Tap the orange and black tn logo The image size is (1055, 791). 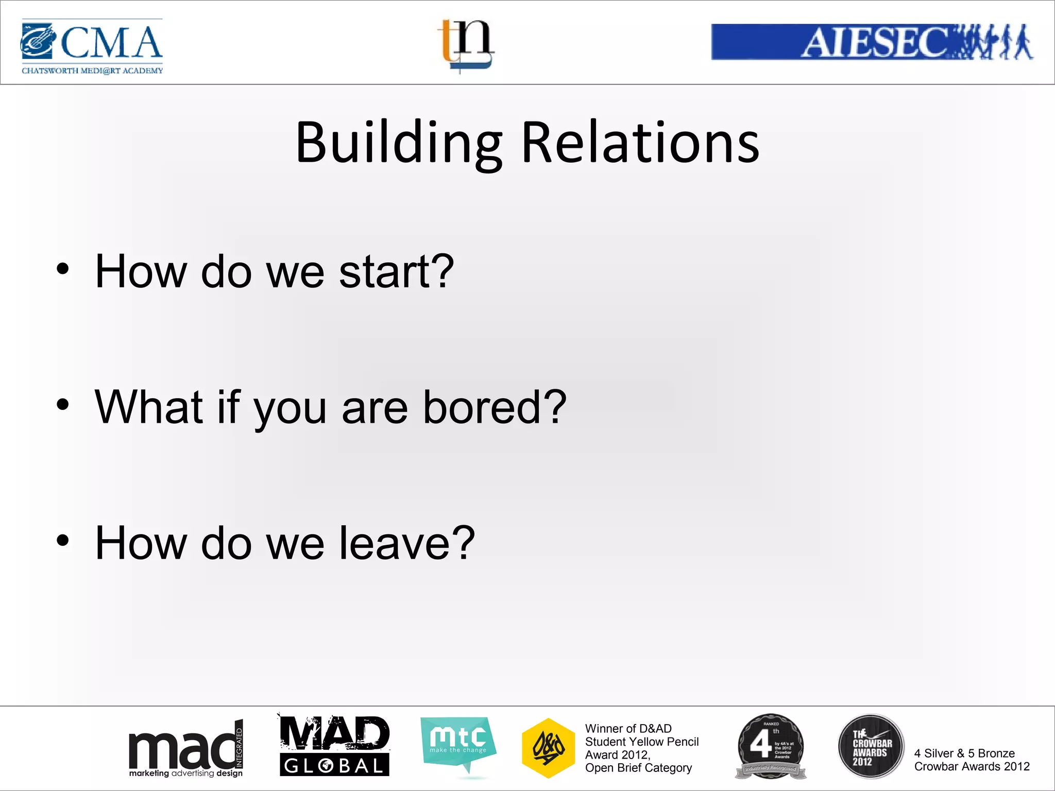click(x=466, y=45)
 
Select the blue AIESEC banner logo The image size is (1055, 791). click(x=872, y=42)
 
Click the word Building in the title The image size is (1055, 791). click(x=399, y=143)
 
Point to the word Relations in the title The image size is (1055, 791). click(x=640, y=143)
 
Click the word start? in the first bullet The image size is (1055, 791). click(x=396, y=271)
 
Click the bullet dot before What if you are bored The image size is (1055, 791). click(x=63, y=405)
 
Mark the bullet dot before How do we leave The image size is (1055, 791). click(x=63, y=540)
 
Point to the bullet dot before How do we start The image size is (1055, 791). click(x=63, y=269)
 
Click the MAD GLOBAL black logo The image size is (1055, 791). click(x=334, y=746)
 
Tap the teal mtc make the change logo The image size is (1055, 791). click(x=458, y=744)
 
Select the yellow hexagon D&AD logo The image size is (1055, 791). click(x=548, y=748)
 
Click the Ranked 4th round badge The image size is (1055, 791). click(x=770, y=746)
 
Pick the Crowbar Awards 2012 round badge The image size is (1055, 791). click(x=871, y=746)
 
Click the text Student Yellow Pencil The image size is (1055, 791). click(x=641, y=742)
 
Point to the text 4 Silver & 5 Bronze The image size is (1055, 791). click(x=964, y=753)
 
